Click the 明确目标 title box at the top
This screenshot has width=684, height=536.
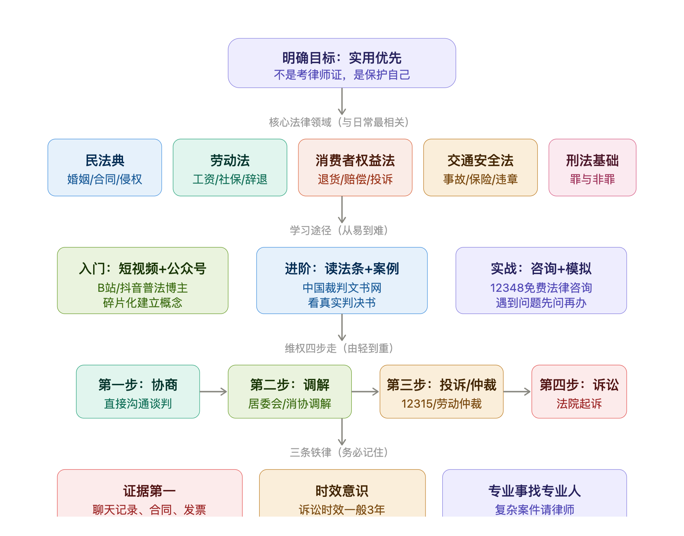[342, 63]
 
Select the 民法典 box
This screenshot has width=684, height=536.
[105, 167]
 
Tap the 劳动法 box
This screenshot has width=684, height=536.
[230, 167]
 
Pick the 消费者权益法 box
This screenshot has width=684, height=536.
[355, 167]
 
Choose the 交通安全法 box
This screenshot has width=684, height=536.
[480, 167]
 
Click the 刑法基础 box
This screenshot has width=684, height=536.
[592, 167]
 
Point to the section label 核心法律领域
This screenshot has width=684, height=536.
[300, 122]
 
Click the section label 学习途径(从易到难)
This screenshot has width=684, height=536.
[339, 230]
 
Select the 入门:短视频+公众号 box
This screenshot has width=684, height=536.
[143, 281]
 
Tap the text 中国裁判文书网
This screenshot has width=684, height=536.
[342, 288]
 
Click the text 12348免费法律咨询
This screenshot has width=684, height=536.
[541, 288]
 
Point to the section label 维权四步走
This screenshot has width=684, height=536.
[311, 348]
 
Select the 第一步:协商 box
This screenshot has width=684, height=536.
[138, 392]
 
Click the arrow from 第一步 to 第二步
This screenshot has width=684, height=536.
[213, 392]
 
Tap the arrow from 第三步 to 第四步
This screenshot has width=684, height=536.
[517, 392]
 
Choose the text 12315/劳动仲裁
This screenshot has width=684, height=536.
[442, 404]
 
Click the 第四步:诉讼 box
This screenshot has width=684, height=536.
[579, 392]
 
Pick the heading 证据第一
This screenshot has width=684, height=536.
[150, 491]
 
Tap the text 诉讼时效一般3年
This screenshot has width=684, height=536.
[342, 510]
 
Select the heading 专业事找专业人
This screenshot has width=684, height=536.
[535, 491]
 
